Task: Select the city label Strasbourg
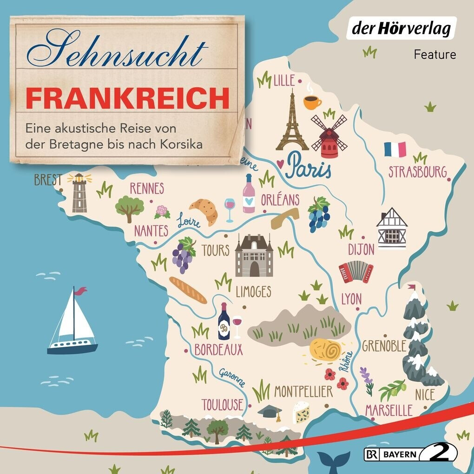coord(417,171)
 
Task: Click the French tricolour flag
coord(395,149)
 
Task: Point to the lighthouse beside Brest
coord(79,192)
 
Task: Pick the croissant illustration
coord(204,210)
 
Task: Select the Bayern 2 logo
coord(412,453)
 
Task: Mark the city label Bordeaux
coord(218,349)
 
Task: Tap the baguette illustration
coord(188,290)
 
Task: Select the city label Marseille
coord(388,410)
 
